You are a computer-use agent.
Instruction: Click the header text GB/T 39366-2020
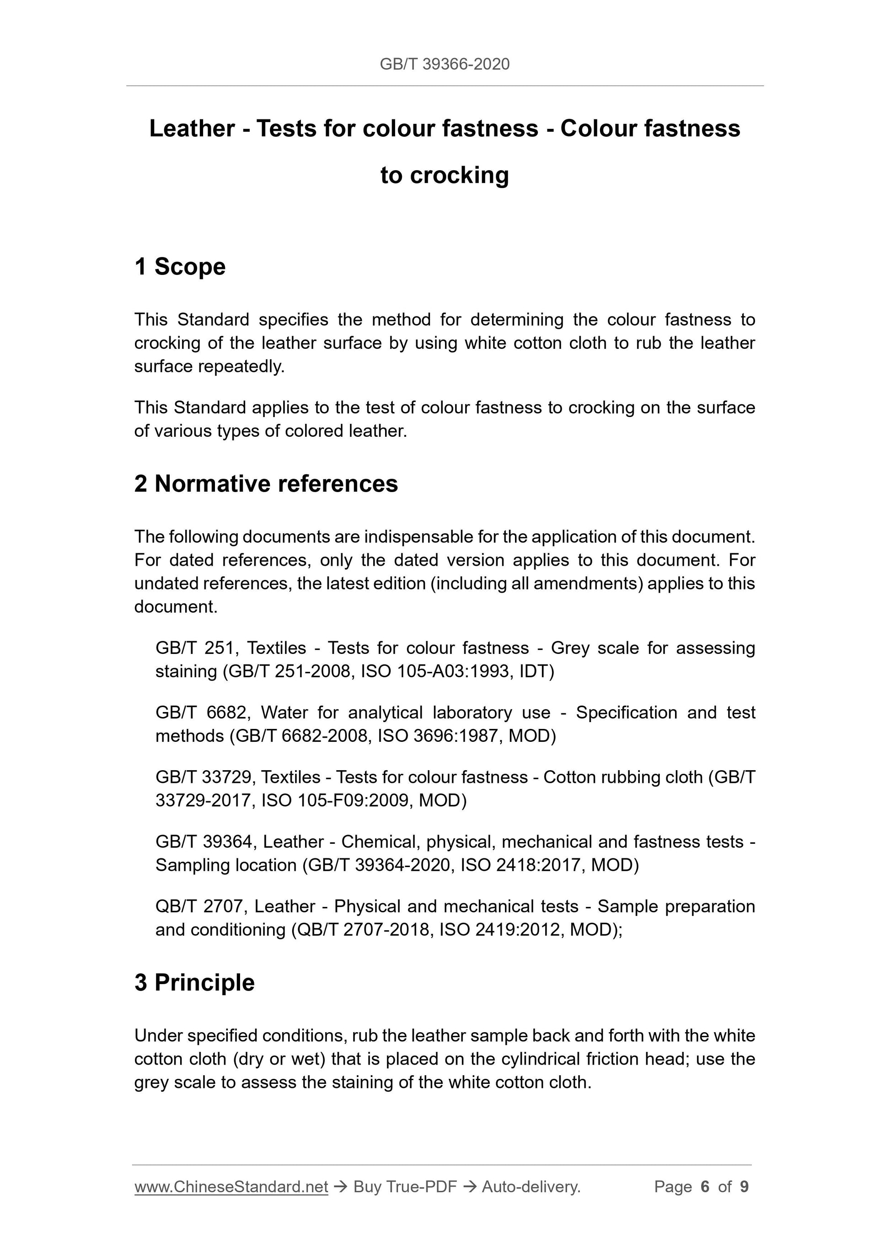[444, 64]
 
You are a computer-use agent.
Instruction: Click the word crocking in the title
[460, 176]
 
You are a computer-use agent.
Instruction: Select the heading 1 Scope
[180, 267]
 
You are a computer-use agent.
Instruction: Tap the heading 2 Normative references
[266, 484]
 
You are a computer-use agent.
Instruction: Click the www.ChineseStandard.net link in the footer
[231, 1187]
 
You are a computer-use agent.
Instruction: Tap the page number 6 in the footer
[705, 1187]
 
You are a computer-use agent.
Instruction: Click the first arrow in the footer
[341, 1187]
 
